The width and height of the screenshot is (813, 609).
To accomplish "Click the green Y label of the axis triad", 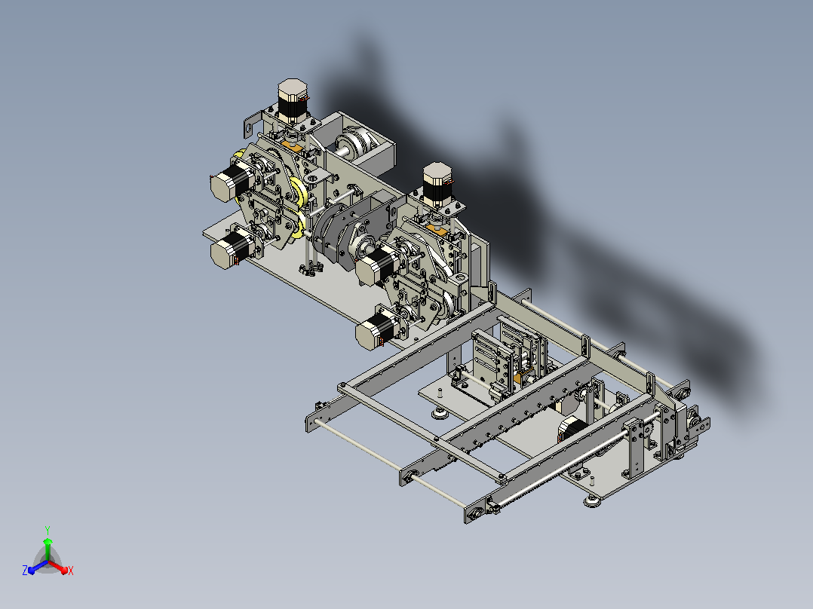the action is click(48, 531).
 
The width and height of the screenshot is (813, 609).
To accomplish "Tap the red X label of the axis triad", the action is click(71, 571).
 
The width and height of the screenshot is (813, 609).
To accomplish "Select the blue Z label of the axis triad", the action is click(25, 570).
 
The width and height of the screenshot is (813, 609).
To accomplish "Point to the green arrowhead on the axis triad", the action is click(48, 542).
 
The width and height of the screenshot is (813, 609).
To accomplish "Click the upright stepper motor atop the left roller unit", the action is click(293, 100).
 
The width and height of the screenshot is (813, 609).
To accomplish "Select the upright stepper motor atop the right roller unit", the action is click(437, 185).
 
